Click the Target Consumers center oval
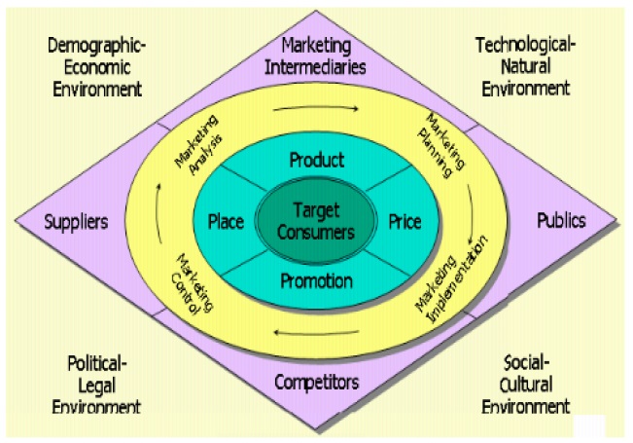tap(316, 221)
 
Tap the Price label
tap(404, 222)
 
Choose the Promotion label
tap(316, 282)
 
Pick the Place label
tap(226, 222)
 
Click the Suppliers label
tap(76, 222)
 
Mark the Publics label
tap(561, 221)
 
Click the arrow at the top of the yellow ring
tap(316, 107)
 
